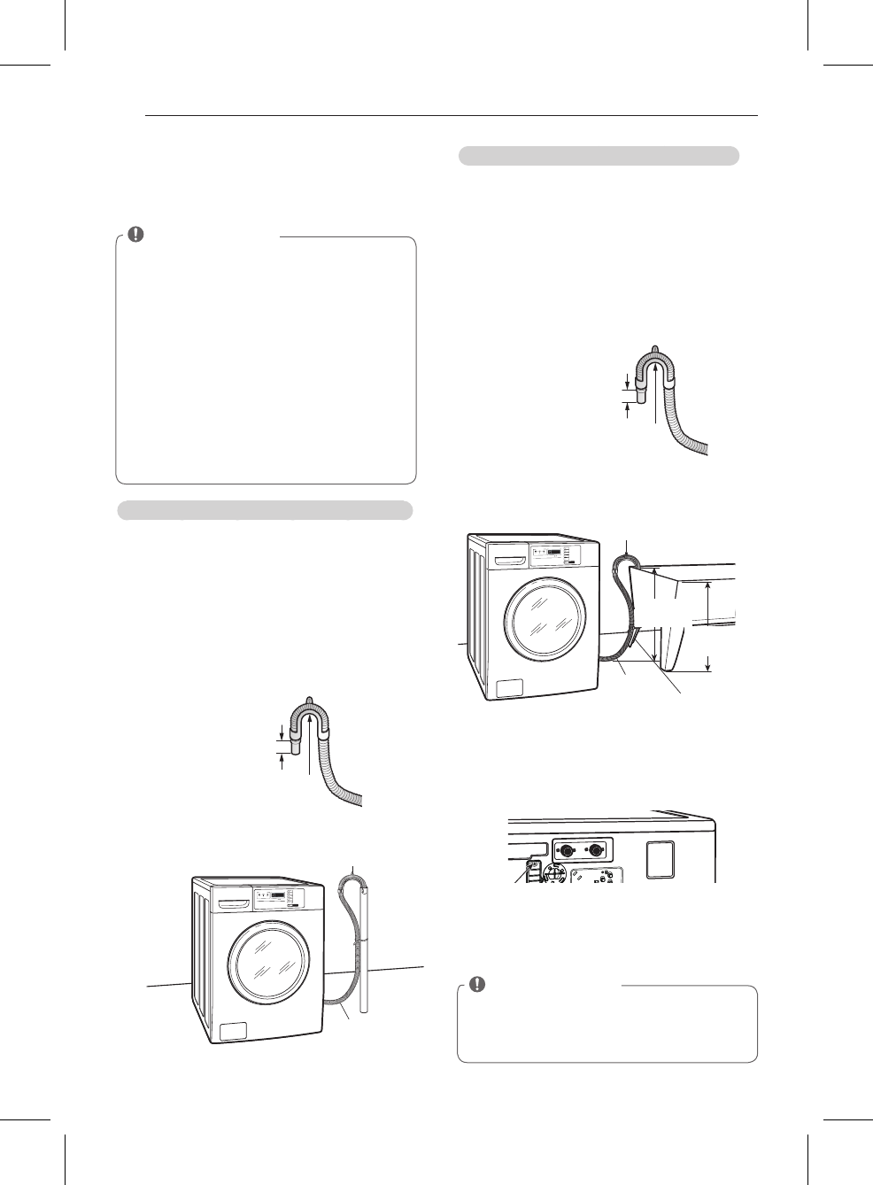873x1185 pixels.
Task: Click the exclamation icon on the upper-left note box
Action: tap(135, 235)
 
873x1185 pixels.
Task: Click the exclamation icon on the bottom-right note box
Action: tap(477, 984)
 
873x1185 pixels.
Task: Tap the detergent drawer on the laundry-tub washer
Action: tap(510, 561)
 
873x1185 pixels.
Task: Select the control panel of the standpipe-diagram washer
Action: tap(278, 898)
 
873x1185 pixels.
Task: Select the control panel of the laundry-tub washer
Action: tap(554, 555)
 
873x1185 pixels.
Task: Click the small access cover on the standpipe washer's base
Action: tap(233, 1031)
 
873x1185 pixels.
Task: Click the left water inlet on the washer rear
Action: tap(563, 851)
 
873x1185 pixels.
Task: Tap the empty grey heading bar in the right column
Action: tap(599, 156)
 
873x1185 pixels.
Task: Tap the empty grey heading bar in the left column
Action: tap(265, 510)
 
